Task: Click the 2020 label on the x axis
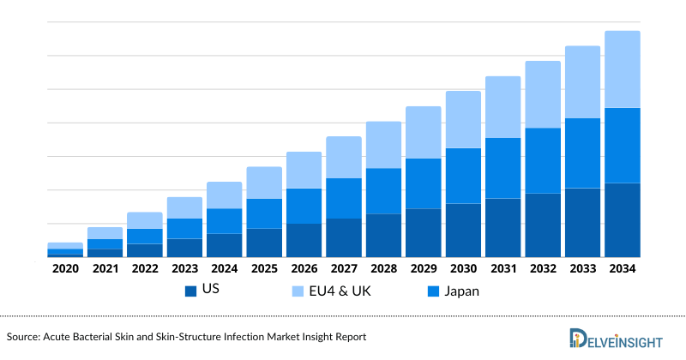pyautogui.click(x=65, y=269)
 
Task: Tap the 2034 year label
pyautogui.click(x=622, y=269)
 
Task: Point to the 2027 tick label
pyautogui.click(x=343, y=269)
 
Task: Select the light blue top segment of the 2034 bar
pyautogui.click(x=622, y=69)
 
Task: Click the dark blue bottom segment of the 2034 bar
pyautogui.click(x=622, y=219)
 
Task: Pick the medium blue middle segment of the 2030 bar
pyautogui.click(x=462, y=176)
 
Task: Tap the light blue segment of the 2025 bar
pyautogui.click(x=264, y=183)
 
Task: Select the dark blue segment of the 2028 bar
pyautogui.click(x=383, y=235)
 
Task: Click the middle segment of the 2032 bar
pyautogui.click(x=542, y=160)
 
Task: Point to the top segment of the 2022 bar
pyautogui.click(x=145, y=220)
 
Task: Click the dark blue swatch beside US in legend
pyautogui.click(x=190, y=291)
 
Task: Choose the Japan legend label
pyautogui.click(x=461, y=291)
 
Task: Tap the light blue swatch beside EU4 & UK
pyautogui.click(x=297, y=291)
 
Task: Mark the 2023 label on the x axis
pyautogui.click(x=184, y=269)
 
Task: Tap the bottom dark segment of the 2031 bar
pyautogui.click(x=502, y=227)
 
